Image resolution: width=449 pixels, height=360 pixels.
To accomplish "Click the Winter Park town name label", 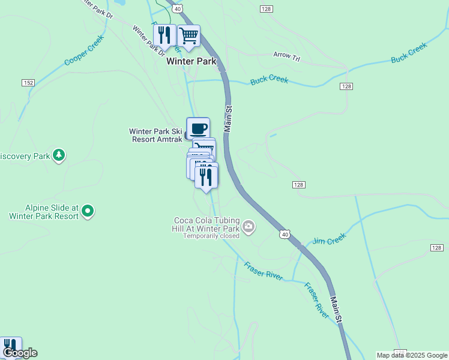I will point(191,61).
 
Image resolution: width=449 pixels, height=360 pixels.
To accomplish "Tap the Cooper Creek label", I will point(84,50).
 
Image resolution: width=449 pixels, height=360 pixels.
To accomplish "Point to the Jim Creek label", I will point(330,239).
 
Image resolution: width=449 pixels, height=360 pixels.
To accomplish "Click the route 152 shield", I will point(28,82).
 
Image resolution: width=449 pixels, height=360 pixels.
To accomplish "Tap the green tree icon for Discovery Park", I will point(58,155).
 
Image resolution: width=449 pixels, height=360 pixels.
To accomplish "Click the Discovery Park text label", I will point(24,157).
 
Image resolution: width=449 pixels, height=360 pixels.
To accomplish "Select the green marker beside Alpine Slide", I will point(88,211).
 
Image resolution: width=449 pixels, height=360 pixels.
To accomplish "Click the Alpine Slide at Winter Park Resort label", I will point(43,211).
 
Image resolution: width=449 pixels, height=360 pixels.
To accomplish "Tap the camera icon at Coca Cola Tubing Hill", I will point(249,227).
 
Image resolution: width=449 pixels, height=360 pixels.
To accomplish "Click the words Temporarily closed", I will point(211,236).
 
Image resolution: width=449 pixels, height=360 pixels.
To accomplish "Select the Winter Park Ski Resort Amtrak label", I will point(155,135).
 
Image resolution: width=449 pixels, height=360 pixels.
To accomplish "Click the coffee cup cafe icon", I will point(198,127).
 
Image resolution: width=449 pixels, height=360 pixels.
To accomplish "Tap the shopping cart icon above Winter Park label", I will point(188,35).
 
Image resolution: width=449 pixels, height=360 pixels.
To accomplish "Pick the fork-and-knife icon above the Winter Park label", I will point(164,35).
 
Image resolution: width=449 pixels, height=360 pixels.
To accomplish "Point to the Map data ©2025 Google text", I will point(412,355).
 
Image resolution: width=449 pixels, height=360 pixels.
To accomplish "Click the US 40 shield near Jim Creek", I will point(284,232).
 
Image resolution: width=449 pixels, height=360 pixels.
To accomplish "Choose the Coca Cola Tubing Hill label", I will point(206,224).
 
